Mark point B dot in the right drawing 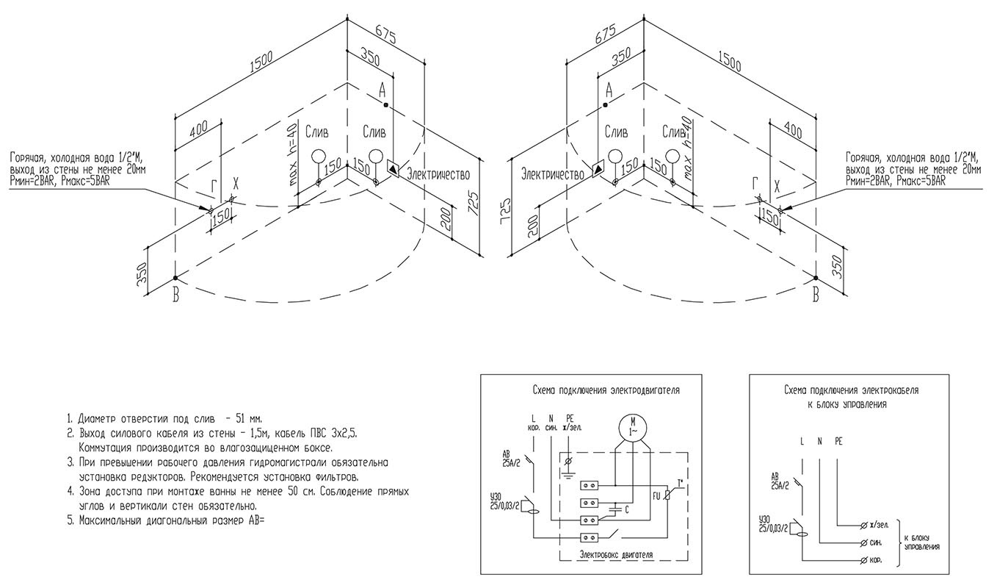[x=816, y=277]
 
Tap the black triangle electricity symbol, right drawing [x=598, y=168]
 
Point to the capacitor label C [x=626, y=509]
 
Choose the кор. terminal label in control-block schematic [x=874, y=560]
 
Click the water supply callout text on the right [x=913, y=168]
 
